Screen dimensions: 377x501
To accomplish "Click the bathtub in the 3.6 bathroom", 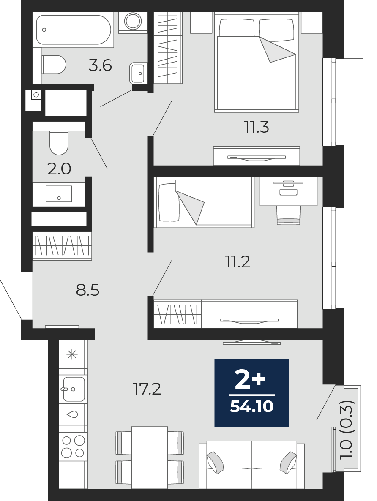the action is pos(73,30).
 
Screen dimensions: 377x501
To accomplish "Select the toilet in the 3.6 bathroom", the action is pos(54,65).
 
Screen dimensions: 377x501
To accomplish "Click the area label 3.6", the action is pos(100,65).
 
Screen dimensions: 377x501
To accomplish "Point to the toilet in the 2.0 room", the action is pos(59,143).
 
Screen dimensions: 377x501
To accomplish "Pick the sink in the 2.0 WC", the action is pos(59,193).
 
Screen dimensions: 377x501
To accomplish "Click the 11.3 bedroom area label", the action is pos(257,127).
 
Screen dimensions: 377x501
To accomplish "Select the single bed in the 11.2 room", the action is pos(204,203).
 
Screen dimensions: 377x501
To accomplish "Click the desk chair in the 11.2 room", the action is pos(288,215).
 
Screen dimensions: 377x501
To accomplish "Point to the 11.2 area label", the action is pos(237,262).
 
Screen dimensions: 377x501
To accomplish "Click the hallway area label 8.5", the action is pos(87,291).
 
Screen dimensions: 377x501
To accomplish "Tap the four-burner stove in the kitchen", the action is pos(73,447).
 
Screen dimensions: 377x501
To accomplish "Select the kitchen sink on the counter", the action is pos(74,389).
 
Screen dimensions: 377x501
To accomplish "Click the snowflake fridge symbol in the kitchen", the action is pos(72,354).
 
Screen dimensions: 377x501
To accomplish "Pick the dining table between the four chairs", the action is pos(150,457).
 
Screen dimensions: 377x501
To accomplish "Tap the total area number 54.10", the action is pos(251,407).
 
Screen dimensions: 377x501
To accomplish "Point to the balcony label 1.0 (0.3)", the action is pos(347,429).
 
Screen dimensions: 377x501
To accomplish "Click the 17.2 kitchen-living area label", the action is pos(147,389).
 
